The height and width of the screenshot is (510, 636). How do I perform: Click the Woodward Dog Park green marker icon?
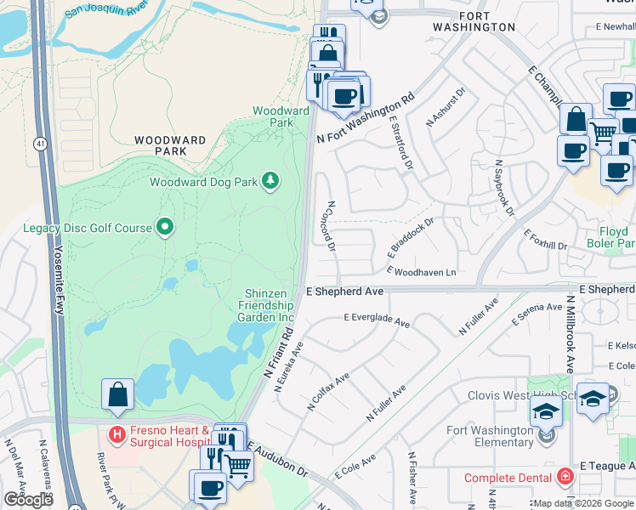[270, 180]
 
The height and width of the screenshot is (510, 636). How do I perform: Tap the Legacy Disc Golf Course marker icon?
[165, 227]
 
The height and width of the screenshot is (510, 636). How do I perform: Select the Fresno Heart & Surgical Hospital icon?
[116, 435]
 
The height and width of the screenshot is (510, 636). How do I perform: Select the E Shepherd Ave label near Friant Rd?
[344, 291]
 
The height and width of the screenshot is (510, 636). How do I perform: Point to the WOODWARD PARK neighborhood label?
[170, 145]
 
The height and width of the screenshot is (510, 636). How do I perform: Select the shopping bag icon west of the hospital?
[117, 395]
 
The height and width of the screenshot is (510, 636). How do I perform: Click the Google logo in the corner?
[28, 500]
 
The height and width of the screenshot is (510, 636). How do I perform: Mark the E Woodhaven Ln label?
[421, 271]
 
